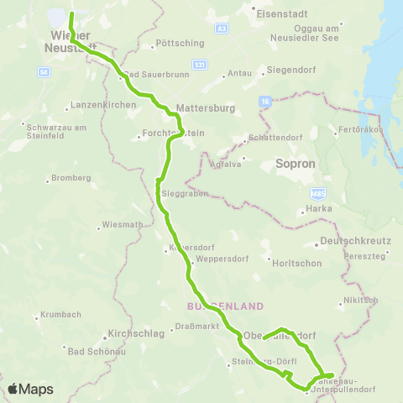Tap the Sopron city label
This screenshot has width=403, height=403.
tap(294, 167)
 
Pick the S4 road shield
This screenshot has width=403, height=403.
tap(44, 72)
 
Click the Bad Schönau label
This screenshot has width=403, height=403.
tap(95, 351)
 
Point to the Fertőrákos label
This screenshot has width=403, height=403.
tap(360, 130)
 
